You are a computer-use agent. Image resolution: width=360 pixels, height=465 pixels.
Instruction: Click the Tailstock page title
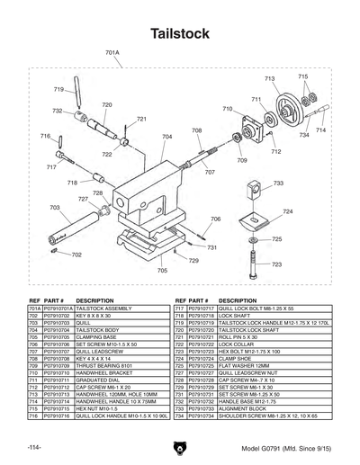(180, 33)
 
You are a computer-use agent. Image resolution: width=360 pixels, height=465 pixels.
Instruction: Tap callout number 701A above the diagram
(112, 53)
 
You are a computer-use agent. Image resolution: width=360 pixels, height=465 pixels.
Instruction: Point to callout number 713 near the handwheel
(269, 79)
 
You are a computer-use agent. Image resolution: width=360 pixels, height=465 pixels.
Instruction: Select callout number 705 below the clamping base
(162, 270)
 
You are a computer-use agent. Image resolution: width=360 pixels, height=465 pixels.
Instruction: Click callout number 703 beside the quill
(54, 207)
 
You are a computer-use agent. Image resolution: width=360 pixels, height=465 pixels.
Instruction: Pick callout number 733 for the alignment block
(278, 183)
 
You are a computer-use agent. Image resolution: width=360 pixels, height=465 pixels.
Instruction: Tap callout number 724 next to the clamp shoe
(287, 211)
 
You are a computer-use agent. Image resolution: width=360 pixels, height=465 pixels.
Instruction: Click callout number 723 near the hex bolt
(276, 264)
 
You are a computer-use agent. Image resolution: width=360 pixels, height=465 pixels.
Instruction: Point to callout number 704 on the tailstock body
(166, 137)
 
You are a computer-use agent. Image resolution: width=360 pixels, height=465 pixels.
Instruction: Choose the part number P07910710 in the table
(44, 373)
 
